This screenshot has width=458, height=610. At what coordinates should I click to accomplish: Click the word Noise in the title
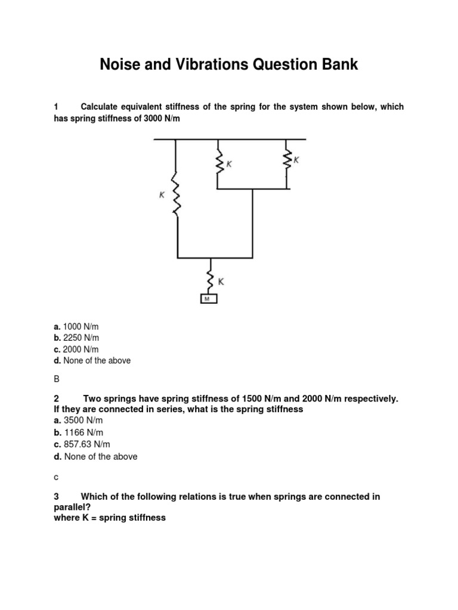coord(122,64)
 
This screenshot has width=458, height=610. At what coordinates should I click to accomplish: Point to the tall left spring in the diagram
coord(176,194)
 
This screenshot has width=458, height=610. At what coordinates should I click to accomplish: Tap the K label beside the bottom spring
coord(221,282)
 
